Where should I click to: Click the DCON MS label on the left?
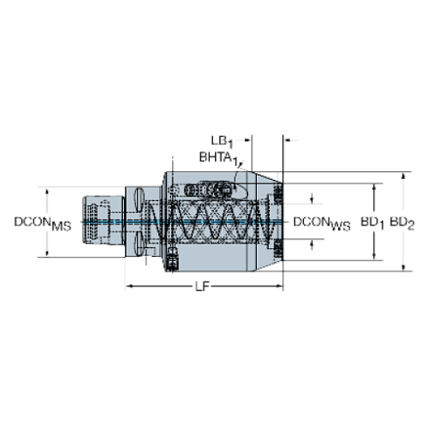tap(41, 223)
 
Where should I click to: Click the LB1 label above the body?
tap(219, 139)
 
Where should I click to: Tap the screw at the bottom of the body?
tap(173, 257)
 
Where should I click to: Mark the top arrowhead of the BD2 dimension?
tap(403, 176)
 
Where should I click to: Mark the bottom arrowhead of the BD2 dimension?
tap(403, 267)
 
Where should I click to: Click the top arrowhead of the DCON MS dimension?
tap(47, 189)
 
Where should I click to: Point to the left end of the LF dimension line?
tap(130, 286)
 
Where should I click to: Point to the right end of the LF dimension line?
tap(279, 286)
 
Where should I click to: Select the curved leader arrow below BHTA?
tap(238, 163)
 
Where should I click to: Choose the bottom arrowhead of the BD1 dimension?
tap(376, 258)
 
